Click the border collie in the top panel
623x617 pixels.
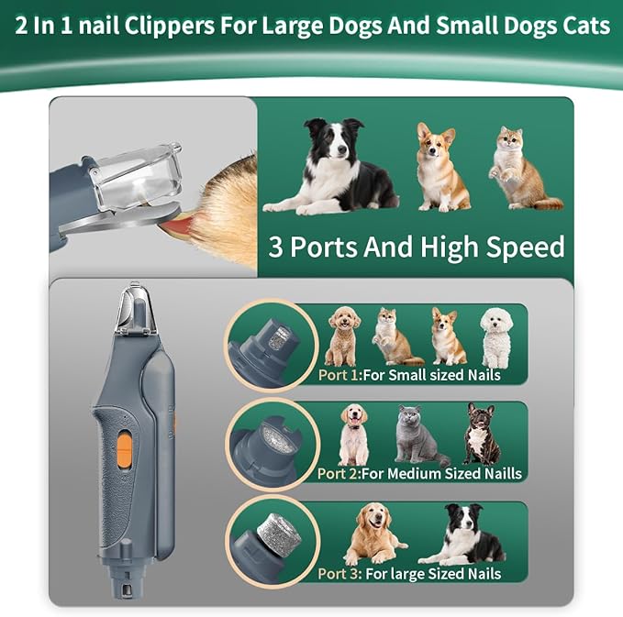(330, 166)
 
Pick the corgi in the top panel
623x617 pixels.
(441, 167)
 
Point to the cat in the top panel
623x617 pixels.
(524, 169)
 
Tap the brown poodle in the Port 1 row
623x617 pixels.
(342, 336)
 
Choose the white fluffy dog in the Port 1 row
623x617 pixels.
(496, 338)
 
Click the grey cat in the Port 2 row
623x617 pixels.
(418, 435)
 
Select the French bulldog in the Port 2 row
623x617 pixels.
(482, 434)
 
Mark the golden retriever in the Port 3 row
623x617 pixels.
(373, 534)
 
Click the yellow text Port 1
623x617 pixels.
(339, 375)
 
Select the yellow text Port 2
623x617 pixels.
(339, 474)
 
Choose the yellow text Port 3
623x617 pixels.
(339, 574)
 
